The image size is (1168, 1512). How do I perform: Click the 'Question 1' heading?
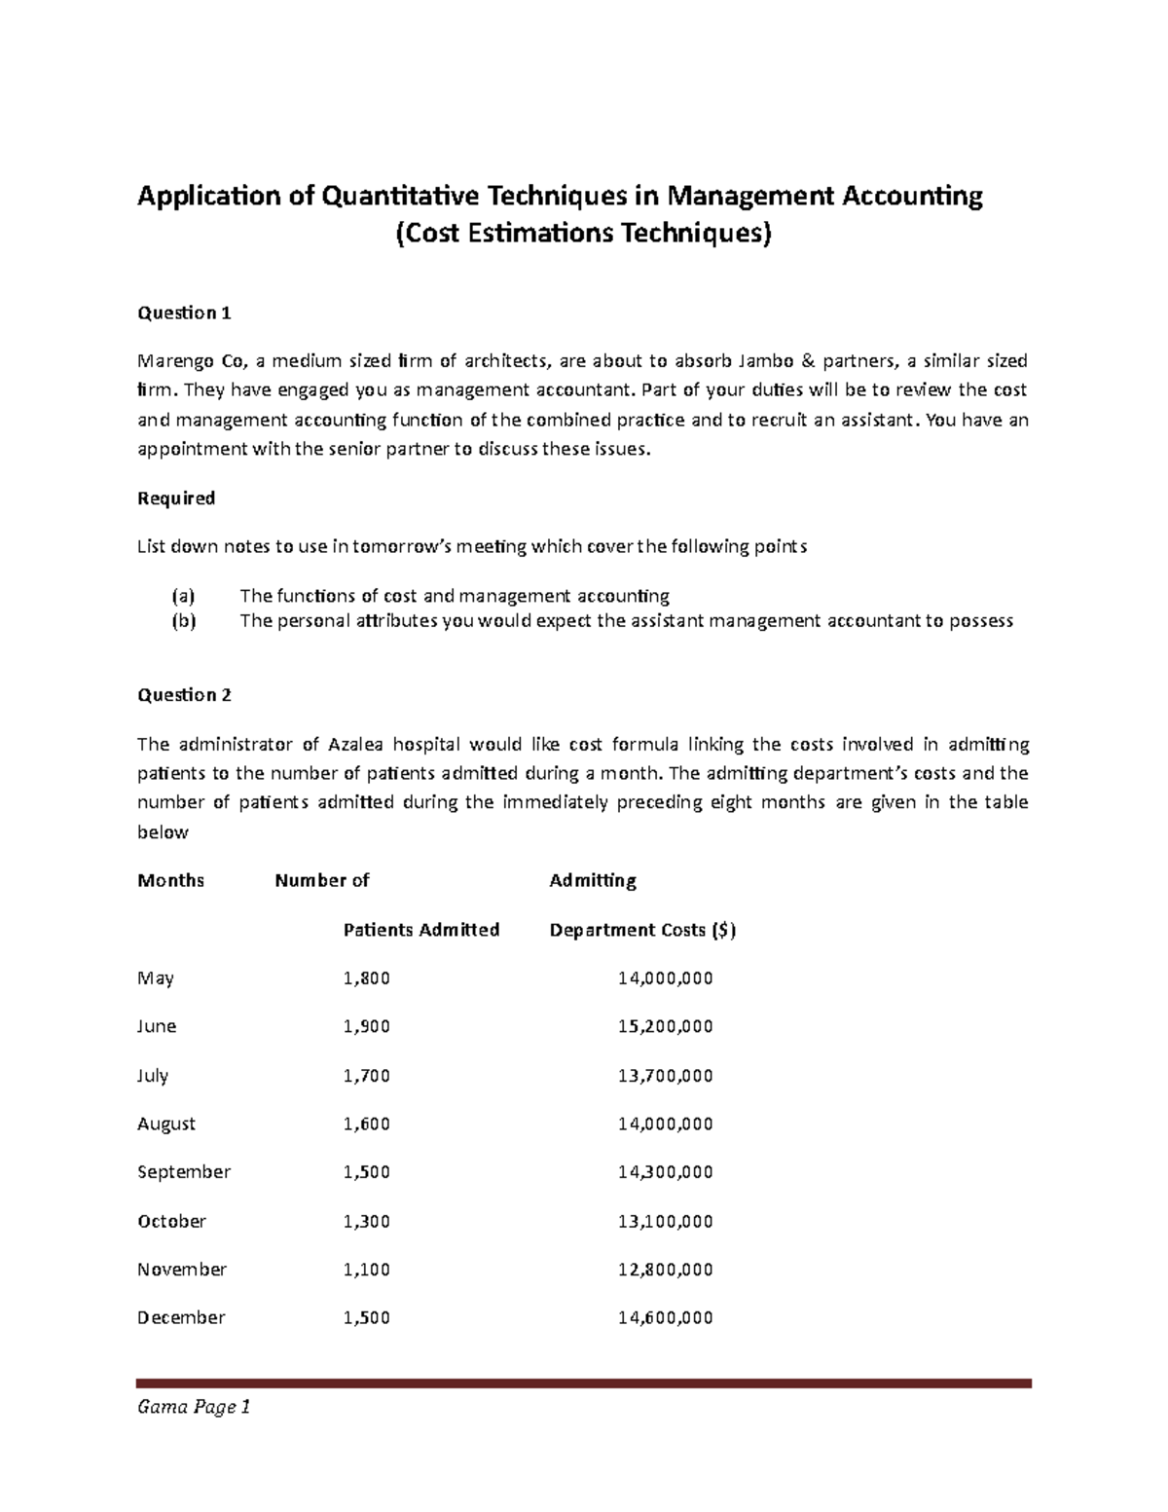coord(184,313)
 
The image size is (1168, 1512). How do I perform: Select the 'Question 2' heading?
coord(184,695)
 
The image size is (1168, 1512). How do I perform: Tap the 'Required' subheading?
coord(175,498)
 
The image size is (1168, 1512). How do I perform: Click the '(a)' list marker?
coord(183,596)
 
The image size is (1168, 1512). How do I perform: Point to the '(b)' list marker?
coord(183,621)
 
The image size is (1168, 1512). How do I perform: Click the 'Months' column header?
coord(170,881)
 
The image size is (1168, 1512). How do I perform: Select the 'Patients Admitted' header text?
coord(420,930)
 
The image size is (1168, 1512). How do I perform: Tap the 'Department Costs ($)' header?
coord(642,930)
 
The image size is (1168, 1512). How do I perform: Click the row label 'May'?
coord(155,978)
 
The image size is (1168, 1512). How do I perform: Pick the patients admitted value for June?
coord(366,1026)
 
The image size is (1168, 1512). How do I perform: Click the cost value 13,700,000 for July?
coord(665,1076)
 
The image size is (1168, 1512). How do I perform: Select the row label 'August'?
coord(165,1124)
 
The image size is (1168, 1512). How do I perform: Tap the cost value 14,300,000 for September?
coord(665,1172)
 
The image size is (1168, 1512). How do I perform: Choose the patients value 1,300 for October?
coord(366,1221)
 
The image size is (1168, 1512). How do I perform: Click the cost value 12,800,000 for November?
coord(665,1270)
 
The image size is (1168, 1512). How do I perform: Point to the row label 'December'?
coord(180,1317)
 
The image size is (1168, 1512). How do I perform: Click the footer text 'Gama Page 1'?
coord(194,1407)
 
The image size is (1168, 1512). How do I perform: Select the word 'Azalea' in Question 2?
coord(355,745)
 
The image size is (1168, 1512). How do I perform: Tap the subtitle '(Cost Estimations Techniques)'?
coord(582,235)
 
